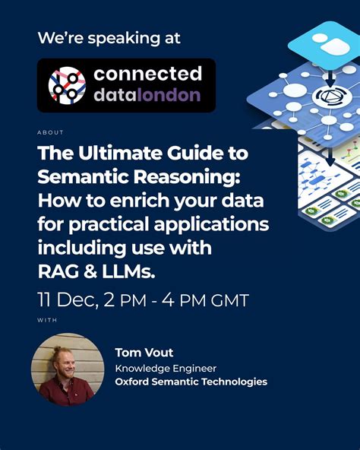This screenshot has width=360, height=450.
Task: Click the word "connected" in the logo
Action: coord(147,74)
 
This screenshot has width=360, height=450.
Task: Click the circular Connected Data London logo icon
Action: coord(68,85)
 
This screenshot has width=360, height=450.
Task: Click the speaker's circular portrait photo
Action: coord(68,369)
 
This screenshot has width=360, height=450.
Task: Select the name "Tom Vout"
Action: coord(144,352)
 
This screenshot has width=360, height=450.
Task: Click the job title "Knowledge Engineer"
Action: coord(166,367)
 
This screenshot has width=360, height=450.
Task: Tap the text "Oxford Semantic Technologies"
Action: coord(191,382)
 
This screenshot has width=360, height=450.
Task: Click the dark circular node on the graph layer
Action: coord(327,96)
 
